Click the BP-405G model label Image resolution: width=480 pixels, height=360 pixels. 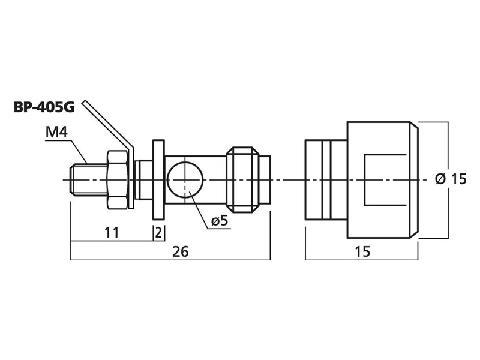click(44, 107)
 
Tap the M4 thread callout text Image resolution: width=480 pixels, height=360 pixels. click(56, 132)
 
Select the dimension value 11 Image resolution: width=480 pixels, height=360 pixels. click(112, 233)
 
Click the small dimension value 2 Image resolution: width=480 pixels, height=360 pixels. click(158, 233)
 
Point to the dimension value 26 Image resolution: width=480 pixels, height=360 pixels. click(181, 251)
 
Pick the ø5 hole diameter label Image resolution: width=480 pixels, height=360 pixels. click(220, 220)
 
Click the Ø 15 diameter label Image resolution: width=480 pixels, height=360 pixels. click(451, 179)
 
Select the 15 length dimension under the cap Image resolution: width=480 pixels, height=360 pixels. click(362, 251)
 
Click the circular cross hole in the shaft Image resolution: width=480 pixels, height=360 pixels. click(185, 180)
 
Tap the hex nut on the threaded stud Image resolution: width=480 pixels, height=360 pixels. click(118, 180)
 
